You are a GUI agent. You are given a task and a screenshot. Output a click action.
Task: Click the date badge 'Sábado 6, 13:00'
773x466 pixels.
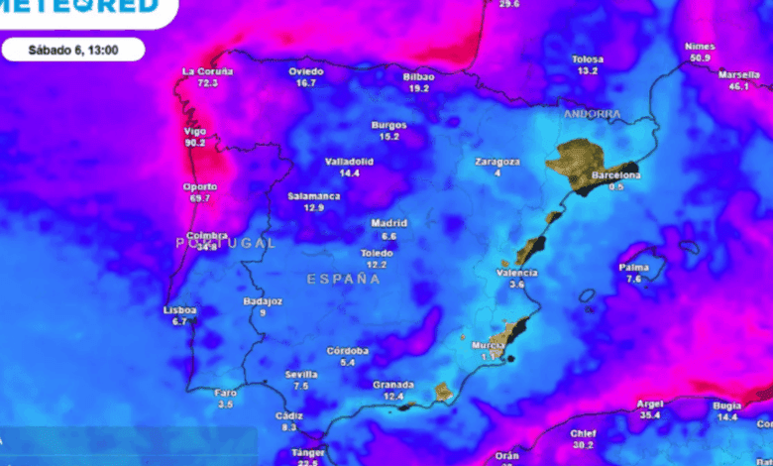[x=72, y=49]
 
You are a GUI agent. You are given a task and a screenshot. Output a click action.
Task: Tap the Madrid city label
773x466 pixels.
[x=388, y=224]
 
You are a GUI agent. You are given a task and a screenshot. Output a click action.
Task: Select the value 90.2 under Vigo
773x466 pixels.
[x=195, y=143]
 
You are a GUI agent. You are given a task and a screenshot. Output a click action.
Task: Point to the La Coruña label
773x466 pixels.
[x=208, y=71]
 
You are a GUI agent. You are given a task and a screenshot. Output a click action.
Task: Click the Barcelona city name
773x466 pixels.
[x=615, y=175]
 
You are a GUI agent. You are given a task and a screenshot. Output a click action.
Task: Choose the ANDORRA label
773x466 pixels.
[x=592, y=114]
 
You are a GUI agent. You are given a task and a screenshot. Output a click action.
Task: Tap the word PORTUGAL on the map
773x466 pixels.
[x=225, y=243]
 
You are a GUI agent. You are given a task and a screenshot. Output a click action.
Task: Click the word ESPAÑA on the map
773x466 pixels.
[x=343, y=280]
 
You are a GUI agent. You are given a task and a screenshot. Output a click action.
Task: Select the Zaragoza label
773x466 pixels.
[x=497, y=161]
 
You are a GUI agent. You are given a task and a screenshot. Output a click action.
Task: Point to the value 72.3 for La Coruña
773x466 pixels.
[x=208, y=83]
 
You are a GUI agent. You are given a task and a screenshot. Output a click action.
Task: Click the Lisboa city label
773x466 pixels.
[x=180, y=310]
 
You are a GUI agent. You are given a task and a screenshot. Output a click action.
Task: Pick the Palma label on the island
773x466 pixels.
[x=634, y=268]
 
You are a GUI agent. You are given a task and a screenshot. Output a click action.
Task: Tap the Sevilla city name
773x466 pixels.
[x=301, y=374]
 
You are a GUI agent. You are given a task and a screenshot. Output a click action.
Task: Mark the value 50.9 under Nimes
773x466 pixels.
[x=700, y=58]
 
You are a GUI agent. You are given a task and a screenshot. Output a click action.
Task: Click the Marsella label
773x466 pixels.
[x=738, y=75]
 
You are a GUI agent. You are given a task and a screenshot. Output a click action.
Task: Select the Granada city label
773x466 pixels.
[x=392, y=384]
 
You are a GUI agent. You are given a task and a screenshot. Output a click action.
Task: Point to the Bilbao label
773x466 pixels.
[x=418, y=76]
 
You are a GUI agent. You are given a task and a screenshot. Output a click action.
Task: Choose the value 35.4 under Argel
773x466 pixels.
[x=649, y=415]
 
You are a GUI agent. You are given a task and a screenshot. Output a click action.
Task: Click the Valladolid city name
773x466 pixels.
[x=349, y=161]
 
